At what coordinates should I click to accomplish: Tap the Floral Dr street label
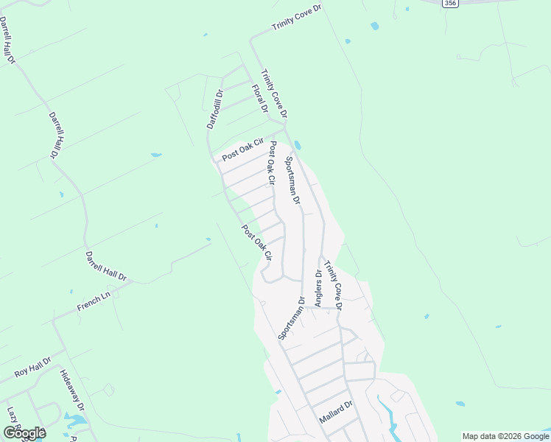[x=259, y=99]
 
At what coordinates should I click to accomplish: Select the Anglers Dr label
[x=318, y=288]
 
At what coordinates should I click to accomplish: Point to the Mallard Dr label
[x=337, y=412]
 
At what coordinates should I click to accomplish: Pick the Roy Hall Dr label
[x=32, y=368]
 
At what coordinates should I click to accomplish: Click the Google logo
[x=24, y=432]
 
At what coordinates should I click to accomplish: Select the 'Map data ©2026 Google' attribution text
[x=505, y=436]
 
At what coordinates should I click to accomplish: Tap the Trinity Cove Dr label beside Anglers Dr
[x=334, y=288]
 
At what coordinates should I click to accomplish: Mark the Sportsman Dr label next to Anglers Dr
[x=291, y=318]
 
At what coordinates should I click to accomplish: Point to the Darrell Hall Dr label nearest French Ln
[x=106, y=266]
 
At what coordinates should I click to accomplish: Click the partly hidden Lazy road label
[x=13, y=416]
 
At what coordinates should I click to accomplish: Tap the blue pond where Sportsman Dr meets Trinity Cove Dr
[x=297, y=144]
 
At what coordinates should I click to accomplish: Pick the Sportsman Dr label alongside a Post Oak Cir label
[x=292, y=180]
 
